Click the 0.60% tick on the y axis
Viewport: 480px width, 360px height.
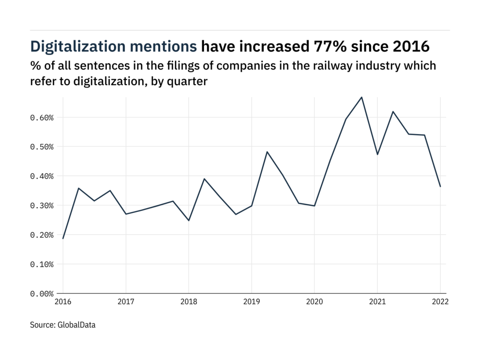point(42,117)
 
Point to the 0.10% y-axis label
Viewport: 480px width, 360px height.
point(42,264)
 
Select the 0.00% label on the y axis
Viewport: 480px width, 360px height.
point(42,294)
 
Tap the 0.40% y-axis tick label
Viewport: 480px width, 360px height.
point(42,176)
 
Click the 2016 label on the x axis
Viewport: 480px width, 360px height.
point(63,302)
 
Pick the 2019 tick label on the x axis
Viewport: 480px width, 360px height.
point(251,302)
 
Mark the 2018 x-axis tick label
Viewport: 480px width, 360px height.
point(188,302)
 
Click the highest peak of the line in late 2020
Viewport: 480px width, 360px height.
point(361,97)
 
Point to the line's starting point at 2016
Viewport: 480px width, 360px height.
point(63,239)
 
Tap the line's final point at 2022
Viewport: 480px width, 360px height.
point(440,187)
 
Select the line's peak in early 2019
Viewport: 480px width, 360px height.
point(267,152)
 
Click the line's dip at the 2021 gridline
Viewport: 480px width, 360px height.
point(377,154)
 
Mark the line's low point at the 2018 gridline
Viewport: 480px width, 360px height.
point(188,220)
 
